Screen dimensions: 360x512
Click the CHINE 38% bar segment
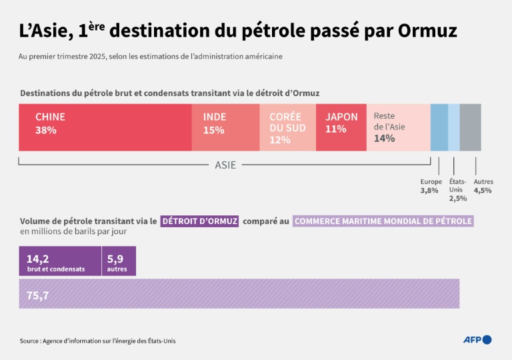point(105,127)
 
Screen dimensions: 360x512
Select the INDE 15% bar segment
point(225,127)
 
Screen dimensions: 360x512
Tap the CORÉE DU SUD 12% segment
point(287,127)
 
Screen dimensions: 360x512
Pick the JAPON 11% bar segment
point(341,127)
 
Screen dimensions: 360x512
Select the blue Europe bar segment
point(439,127)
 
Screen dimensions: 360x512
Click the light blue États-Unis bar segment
point(454,127)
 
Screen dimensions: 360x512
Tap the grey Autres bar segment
point(470,127)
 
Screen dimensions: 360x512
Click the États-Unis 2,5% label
point(458,189)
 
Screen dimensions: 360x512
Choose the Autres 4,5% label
point(483,186)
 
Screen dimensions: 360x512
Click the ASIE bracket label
point(225,165)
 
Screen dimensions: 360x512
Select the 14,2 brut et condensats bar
point(60,261)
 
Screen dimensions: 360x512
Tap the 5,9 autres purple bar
point(119,261)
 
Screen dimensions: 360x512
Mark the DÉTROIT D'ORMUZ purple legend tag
point(200,221)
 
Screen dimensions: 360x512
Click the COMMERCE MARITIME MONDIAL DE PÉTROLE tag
point(383,221)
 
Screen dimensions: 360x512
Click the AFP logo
point(477,340)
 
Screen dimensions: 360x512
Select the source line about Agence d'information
point(98,341)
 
